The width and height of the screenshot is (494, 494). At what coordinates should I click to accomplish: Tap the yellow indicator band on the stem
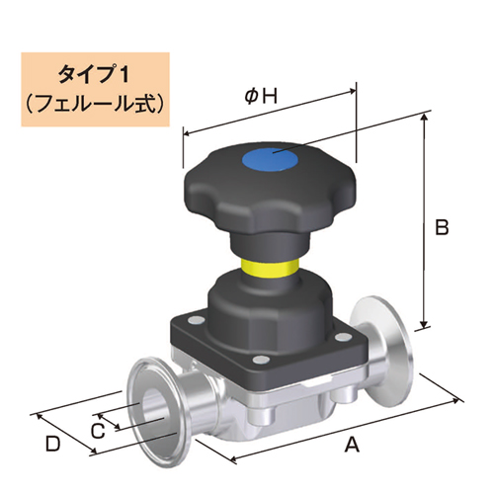pos(268,267)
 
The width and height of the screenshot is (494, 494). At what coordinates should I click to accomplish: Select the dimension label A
pos(349,445)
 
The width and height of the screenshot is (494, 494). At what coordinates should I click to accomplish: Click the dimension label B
pos(442,227)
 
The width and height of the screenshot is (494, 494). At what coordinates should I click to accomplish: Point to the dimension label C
pos(97,430)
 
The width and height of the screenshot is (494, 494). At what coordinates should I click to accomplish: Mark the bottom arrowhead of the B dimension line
pos(426,325)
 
